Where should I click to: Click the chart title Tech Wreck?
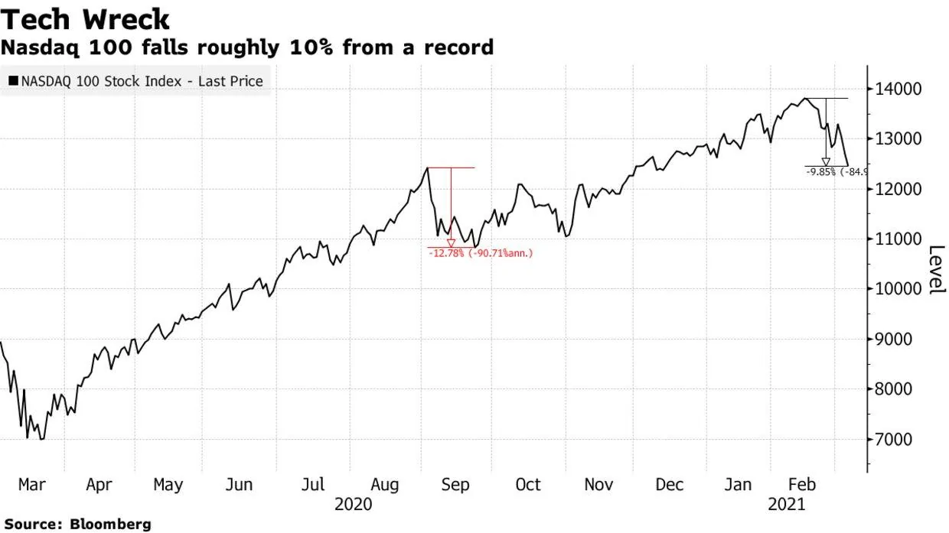pyautogui.click(x=85, y=19)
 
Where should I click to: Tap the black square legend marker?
pyautogui.click(x=14, y=81)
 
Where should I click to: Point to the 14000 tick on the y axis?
pyautogui.click(x=895, y=89)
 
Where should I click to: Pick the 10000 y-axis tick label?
pyautogui.click(x=895, y=289)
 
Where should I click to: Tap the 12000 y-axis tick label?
pyautogui.click(x=895, y=189)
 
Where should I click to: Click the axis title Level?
pyautogui.click(x=935, y=270)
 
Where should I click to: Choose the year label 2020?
pyautogui.click(x=354, y=505)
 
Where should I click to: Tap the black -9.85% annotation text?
pyautogui.click(x=822, y=172)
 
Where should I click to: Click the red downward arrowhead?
pyautogui.click(x=451, y=243)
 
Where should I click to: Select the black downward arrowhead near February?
pyautogui.click(x=826, y=161)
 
